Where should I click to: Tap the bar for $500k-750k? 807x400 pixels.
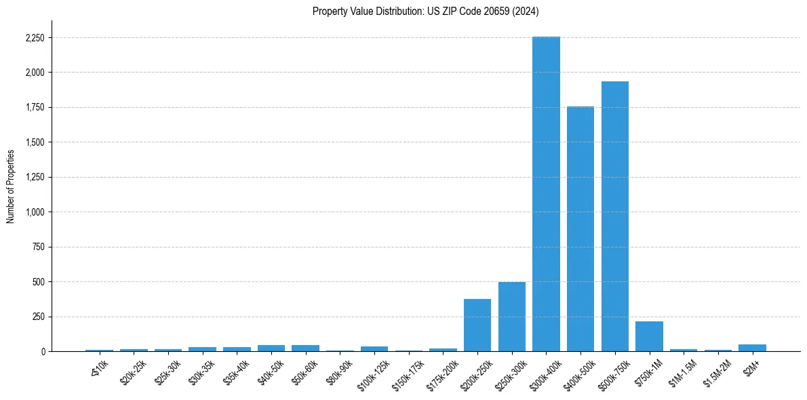(x=615, y=216)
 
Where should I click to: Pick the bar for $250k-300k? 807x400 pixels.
(x=512, y=317)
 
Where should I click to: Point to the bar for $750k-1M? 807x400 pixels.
(x=649, y=336)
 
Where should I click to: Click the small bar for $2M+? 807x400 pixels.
(x=752, y=348)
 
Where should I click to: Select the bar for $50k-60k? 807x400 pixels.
(x=305, y=348)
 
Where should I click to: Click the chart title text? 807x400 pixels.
(x=425, y=11)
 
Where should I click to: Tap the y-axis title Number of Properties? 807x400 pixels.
(x=11, y=186)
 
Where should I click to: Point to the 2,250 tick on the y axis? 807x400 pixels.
(x=35, y=38)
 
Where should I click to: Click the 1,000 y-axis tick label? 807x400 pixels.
(x=35, y=212)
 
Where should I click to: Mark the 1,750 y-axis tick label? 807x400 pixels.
(x=35, y=108)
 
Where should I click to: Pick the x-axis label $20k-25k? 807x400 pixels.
(x=133, y=372)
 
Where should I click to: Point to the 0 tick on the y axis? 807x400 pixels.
(x=43, y=352)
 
